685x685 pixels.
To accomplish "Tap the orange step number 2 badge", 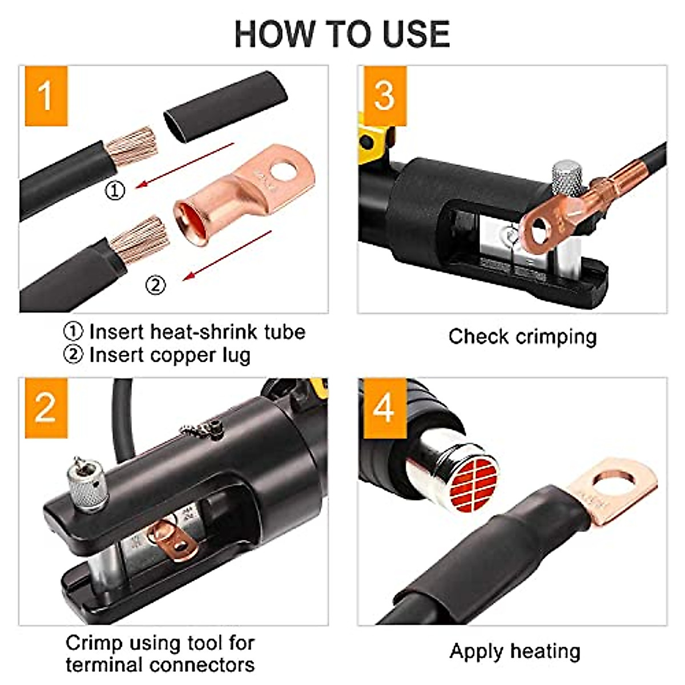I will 45,407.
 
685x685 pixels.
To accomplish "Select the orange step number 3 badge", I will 384,95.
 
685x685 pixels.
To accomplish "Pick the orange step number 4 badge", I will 383,407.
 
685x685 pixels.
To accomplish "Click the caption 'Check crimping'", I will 522,337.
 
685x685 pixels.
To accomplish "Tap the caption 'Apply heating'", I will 515,651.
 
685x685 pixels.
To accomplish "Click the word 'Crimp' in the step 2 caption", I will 94,643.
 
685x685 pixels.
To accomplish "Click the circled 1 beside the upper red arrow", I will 116,190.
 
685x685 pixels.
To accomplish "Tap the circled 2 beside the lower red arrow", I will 156,284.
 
